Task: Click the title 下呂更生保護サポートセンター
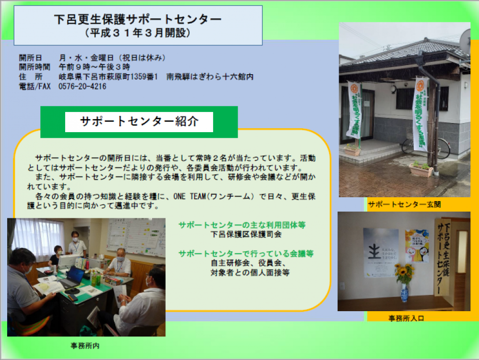pyautogui.click(x=138, y=19)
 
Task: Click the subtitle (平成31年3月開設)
pyautogui.click(x=137, y=33)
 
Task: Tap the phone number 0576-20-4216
pyautogui.click(x=82, y=87)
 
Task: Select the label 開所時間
pyautogui.click(x=34, y=67)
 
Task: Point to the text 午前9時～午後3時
pyautogui.click(x=94, y=67)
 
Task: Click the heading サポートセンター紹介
pyautogui.click(x=139, y=122)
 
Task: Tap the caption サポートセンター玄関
pyautogui.click(x=404, y=204)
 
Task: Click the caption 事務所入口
pyautogui.click(x=406, y=318)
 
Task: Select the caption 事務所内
pyautogui.click(x=85, y=346)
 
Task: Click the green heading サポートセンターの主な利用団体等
pyautogui.click(x=242, y=225)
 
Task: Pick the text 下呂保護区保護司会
pyautogui.click(x=246, y=235)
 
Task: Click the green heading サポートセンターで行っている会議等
pyautogui.click(x=246, y=253)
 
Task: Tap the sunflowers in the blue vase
pyautogui.click(x=404, y=274)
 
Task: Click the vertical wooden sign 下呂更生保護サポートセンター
pyautogui.click(x=442, y=257)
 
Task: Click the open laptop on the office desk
pyautogui.click(x=73, y=279)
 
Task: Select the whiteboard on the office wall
pyautogui.click(x=136, y=236)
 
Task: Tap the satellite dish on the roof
pyautogui.click(x=466, y=41)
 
